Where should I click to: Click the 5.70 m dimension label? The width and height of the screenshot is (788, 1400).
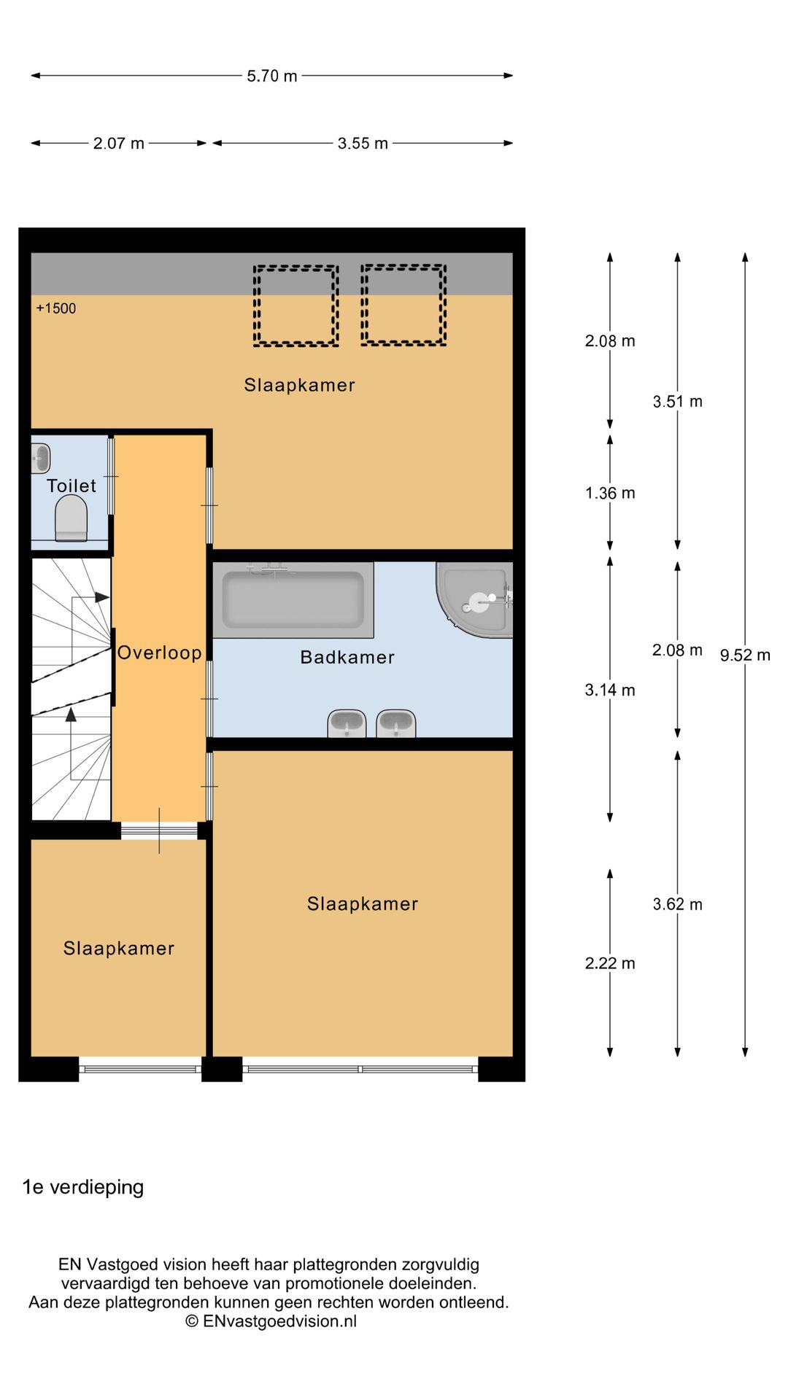(x=271, y=76)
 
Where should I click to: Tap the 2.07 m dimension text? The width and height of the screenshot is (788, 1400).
(x=118, y=144)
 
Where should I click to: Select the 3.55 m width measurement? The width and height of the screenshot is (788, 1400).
(x=362, y=144)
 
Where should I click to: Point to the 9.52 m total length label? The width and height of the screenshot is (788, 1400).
(x=744, y=655)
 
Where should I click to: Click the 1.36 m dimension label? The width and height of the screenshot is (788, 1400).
(x=609, y=493)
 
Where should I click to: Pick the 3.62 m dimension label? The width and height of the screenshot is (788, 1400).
(x=677, y=904)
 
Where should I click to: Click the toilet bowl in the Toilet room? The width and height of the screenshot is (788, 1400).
(x=71, y=518)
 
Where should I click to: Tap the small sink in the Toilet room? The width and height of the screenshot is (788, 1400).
(x=40, y=459)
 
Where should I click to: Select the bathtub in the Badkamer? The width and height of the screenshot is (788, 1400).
(x=293, y=598)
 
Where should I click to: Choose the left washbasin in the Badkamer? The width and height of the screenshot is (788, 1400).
(x=347, y=723)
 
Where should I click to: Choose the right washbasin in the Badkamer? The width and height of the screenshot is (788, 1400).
(x=395, y=723)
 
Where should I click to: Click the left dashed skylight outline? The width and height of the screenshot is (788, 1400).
(x=295, y=305)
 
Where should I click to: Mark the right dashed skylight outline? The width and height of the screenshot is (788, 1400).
(x=403, y=305)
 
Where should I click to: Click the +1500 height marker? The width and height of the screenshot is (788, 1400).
(x=56, y=308)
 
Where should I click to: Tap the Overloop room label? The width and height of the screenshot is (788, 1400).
(x=159, y=653)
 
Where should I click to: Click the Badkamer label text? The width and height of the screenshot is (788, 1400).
(x=347, y=657)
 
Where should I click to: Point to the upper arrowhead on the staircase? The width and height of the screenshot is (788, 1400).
(x=102, y=597)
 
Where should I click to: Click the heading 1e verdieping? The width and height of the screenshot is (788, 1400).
(x=83, y=1187)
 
